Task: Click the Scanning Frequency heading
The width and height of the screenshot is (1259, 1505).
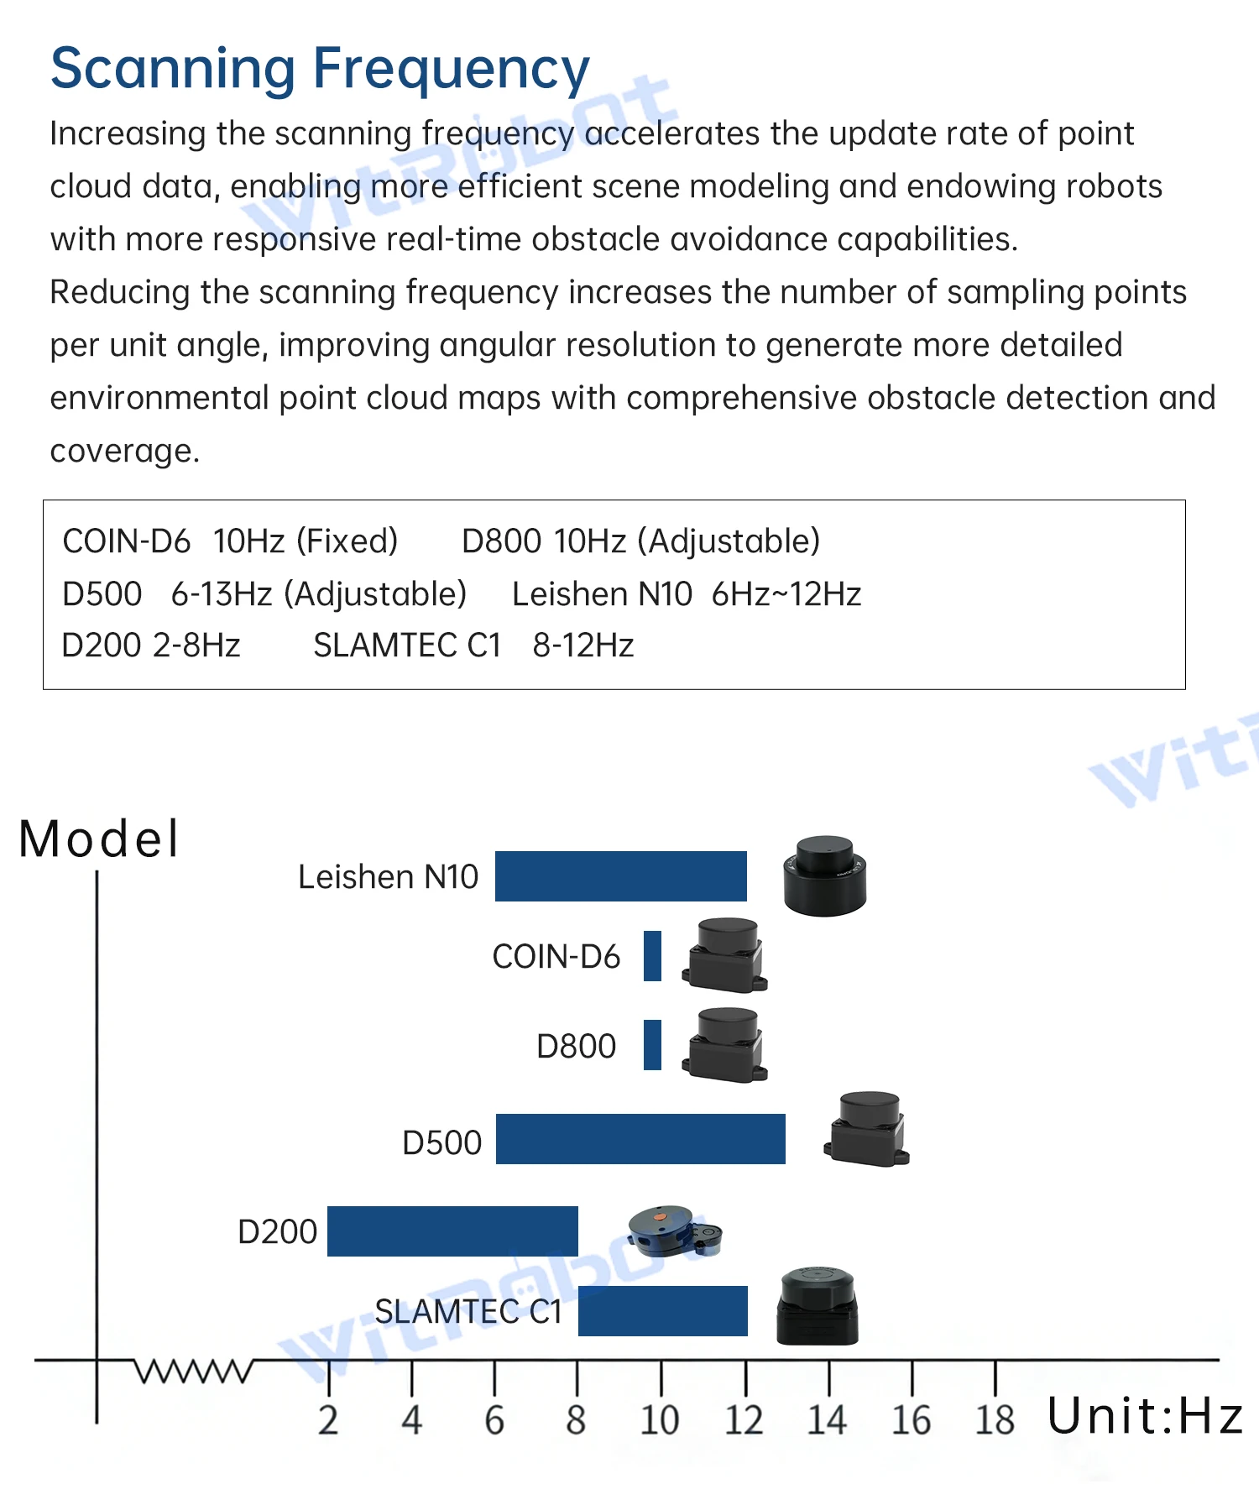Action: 320,71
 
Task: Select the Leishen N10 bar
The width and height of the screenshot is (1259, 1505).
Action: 620,875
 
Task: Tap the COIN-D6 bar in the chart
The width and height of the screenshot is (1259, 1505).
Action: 652,955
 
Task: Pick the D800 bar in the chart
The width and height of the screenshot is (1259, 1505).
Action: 652,1044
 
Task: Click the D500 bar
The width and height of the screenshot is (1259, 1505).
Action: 640,1138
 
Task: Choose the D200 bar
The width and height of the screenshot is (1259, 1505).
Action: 452,1231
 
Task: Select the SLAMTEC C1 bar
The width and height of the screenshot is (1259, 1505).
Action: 663,1310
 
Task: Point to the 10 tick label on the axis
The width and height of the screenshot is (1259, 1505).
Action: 660,1420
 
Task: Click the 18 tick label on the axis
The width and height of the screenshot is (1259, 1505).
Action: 995,1420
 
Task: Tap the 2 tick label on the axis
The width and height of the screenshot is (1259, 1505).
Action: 328,1420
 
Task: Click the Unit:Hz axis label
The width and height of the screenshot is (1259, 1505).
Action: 1145,1416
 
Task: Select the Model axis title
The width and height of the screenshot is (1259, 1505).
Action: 99,839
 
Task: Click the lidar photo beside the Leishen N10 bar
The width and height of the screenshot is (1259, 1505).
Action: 824,875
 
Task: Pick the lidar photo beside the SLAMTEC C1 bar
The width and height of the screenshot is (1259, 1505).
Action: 818,1306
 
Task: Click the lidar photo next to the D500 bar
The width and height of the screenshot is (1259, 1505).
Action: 867,1129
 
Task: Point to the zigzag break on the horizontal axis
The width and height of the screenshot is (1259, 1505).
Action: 194,1370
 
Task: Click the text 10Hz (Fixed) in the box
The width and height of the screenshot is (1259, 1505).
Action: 306,541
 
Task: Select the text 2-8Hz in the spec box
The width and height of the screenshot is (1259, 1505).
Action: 196,645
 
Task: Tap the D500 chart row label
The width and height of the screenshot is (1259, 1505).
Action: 442,1142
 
